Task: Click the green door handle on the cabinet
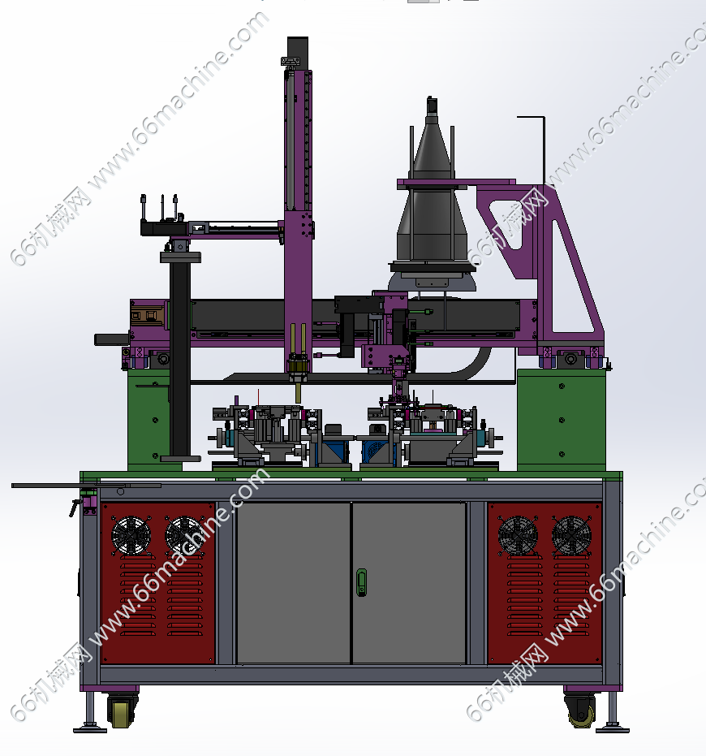[x=361, y=582]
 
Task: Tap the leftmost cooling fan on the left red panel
[x=131, y=536]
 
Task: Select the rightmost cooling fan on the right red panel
[x=571, y=536]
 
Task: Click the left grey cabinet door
[x=294, y=583]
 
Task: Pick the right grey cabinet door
[x=409, y=583]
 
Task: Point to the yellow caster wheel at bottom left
[x=120, y=711]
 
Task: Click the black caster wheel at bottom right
[x=581, y=711]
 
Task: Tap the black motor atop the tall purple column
[x=297, y=48]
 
